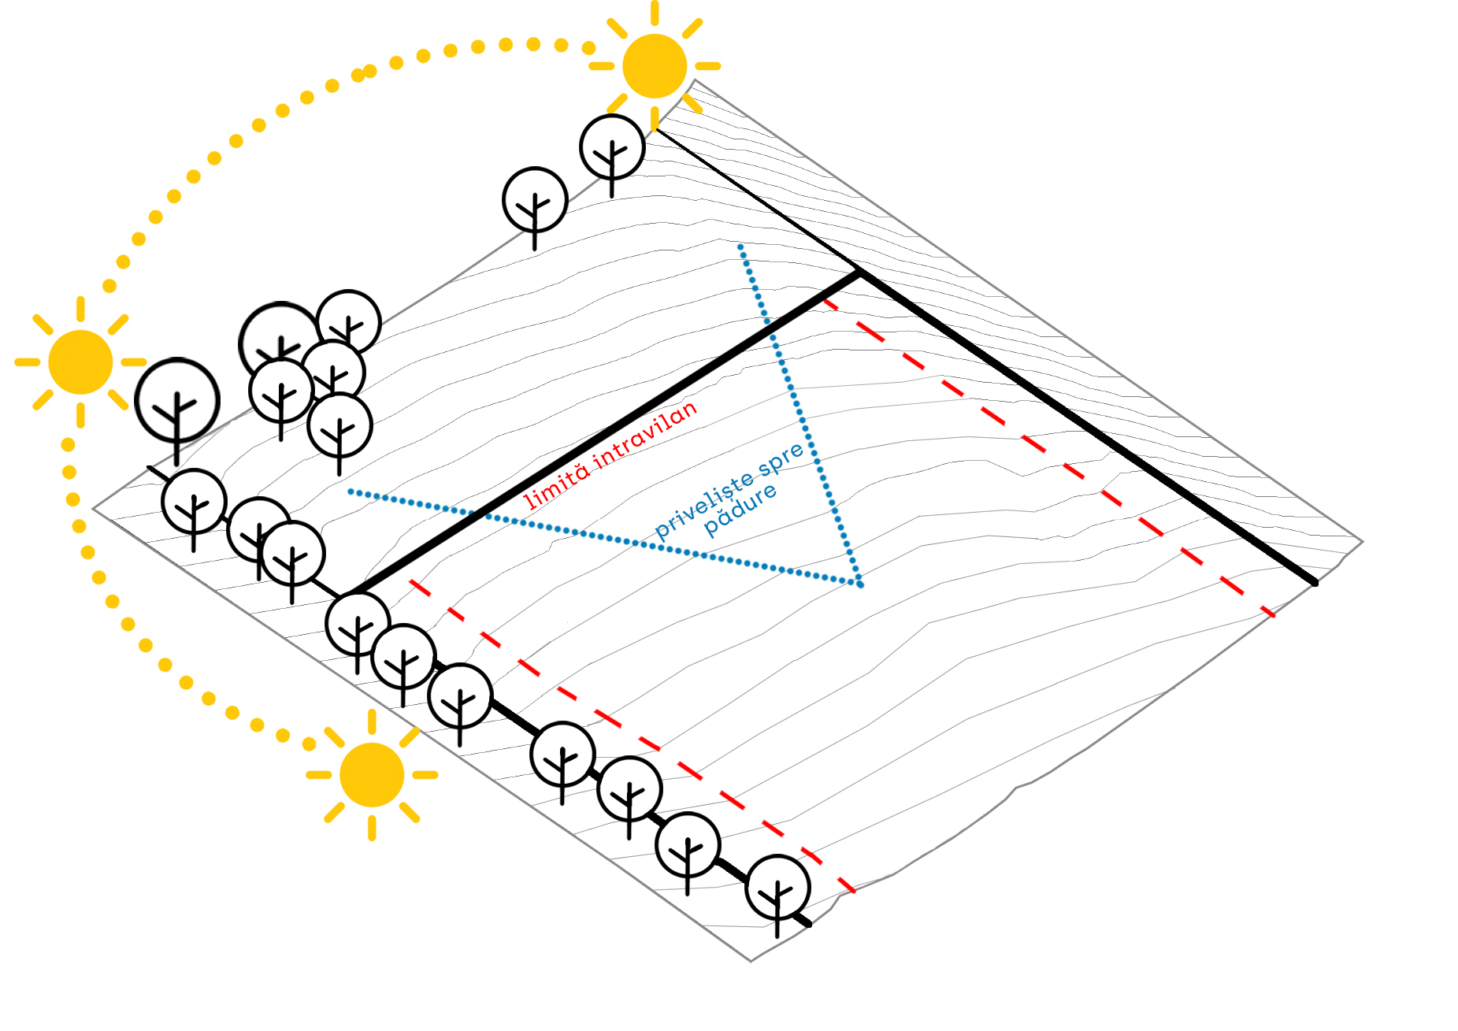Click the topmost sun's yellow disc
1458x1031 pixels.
[654, 66]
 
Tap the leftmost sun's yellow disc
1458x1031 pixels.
[80, 362]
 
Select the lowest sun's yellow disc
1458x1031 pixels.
[372, 775]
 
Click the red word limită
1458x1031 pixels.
[556, 484]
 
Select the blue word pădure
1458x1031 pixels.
[740, 509]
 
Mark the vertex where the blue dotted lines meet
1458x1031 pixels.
[860, 584]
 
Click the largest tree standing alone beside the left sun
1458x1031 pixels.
[177, 400]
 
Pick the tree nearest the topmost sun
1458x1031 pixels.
[612, 147]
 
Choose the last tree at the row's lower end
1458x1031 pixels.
[777, 888]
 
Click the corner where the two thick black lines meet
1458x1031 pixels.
[859, 273]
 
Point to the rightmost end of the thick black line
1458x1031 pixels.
[1315, 583]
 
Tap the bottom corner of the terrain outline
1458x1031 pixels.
[751, 961]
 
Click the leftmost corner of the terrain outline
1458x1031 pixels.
[94, 509]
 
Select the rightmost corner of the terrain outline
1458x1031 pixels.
[1362, 541]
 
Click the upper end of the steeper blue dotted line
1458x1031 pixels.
[740, 247]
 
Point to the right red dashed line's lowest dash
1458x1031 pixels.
[1267, 611]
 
